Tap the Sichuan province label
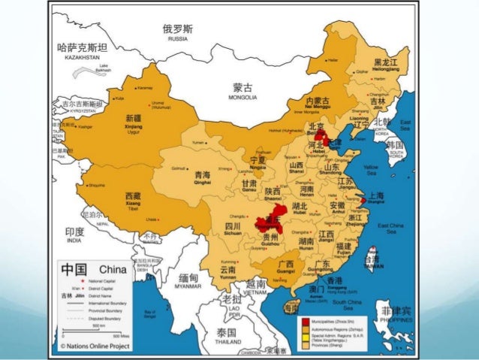233,230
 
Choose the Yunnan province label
228,273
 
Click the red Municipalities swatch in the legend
305,321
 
